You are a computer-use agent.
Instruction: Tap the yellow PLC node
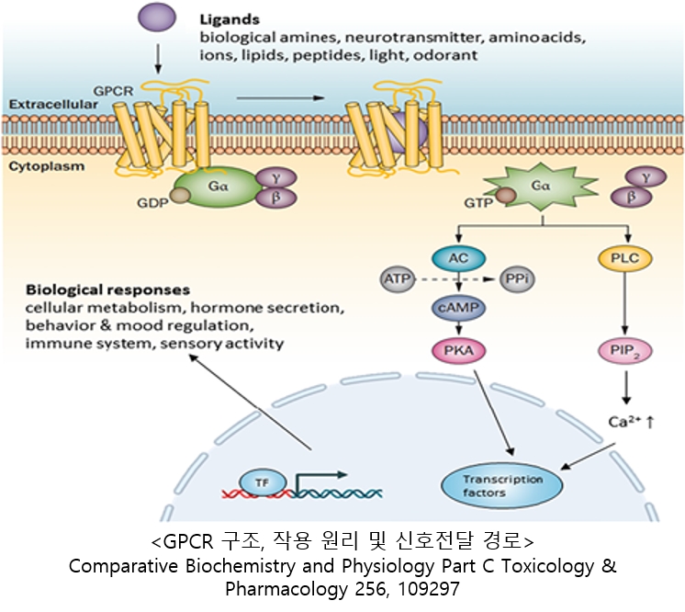tap(627, 258)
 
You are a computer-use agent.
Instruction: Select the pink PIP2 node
tap(627, 350)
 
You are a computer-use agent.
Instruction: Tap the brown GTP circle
tap(504, 196)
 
